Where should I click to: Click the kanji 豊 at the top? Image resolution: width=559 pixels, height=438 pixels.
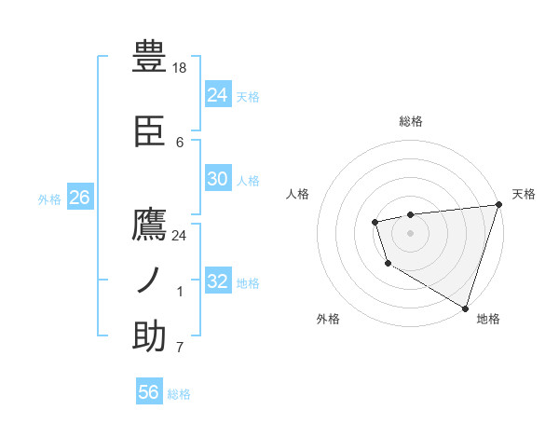[149, 58]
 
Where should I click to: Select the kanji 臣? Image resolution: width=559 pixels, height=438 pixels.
[149, 132]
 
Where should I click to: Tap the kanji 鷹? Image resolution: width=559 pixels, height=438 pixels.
[149, 226]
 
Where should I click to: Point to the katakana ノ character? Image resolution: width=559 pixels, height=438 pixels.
[149, 281]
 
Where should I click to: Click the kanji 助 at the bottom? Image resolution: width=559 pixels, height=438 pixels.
[149, 336]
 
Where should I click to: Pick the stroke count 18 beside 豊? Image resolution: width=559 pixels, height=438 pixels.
[180, 68]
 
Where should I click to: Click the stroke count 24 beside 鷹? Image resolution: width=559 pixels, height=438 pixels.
[180, 236]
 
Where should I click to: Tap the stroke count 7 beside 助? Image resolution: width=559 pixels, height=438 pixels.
[180, 348]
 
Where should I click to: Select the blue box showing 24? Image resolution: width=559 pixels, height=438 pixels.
[217, 95]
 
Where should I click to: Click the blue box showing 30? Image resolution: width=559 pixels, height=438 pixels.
[217, 179]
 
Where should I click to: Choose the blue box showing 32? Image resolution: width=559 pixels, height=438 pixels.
[217, 281]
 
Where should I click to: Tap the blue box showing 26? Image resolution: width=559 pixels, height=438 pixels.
[79, 198]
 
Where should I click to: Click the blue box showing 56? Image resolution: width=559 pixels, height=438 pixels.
[148, 392]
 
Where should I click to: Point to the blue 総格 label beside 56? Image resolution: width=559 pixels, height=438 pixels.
[179, 394]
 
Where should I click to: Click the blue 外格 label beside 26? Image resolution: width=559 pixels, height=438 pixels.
[49, 198]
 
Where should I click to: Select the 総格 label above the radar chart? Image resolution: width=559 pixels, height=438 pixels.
[410, 121]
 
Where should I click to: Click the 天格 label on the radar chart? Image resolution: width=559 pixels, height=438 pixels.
[524, 194]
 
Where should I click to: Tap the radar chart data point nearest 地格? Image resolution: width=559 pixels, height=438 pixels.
[465, 306]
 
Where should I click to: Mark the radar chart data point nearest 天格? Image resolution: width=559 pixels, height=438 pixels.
[498, 205]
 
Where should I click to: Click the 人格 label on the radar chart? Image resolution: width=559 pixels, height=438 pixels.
[297, 194]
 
